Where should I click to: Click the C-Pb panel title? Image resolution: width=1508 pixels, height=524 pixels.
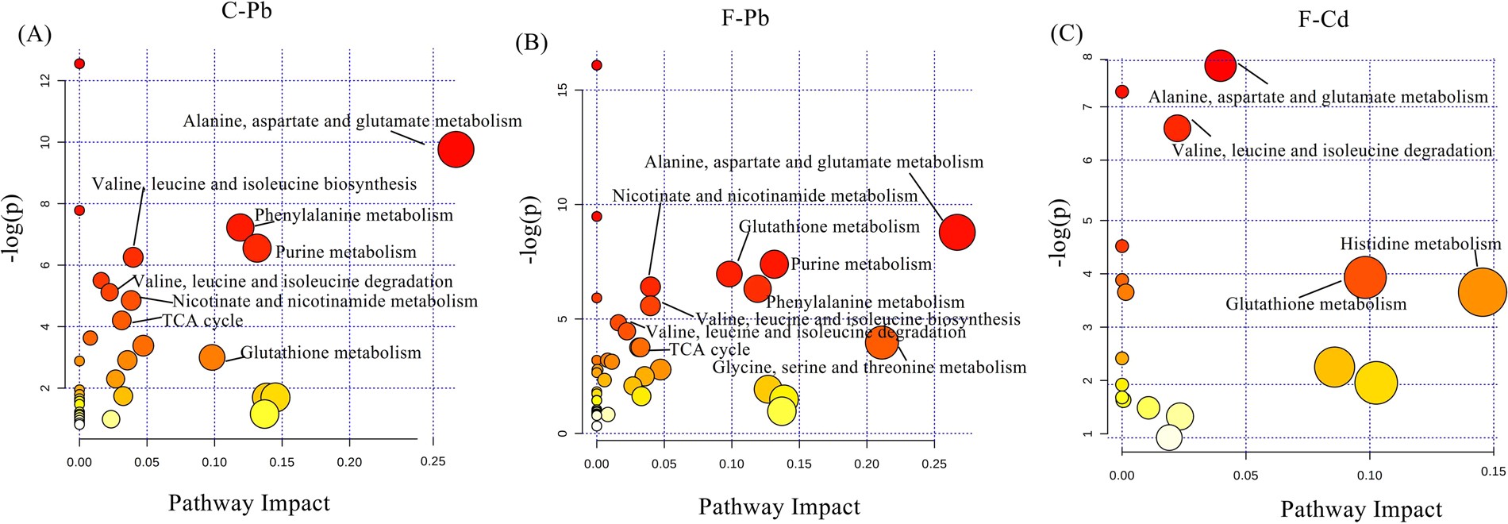247,11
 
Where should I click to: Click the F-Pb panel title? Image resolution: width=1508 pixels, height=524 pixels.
744,17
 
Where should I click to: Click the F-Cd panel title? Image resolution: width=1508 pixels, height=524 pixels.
1323,19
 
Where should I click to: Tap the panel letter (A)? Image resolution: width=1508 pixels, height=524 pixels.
34,34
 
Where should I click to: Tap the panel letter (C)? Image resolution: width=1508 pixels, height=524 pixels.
1066,34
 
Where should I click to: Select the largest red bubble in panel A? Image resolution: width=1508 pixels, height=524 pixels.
456,149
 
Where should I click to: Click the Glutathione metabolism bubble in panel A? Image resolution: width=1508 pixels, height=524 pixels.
212,358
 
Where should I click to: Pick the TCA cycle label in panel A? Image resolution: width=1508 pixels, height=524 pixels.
202,321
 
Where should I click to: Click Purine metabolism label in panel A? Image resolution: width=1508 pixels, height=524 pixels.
345,252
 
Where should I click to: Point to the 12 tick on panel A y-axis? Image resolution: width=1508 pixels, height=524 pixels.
44,80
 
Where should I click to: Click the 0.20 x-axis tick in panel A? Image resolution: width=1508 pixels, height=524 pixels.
349,462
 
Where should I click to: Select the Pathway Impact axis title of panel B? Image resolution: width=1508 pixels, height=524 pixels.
779,507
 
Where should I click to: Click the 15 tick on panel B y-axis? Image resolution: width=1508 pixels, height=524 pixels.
563,90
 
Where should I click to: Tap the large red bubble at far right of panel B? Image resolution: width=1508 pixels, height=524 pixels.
957,232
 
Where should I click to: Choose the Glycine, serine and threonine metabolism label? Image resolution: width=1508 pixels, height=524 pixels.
869,368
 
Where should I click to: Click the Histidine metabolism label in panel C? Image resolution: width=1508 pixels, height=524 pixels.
1420,245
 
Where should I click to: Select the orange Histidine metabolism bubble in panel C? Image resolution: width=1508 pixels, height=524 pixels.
1482,292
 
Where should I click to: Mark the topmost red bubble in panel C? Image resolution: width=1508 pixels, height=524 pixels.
1221,65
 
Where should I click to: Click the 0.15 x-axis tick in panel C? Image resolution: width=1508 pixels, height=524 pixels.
1492,471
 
